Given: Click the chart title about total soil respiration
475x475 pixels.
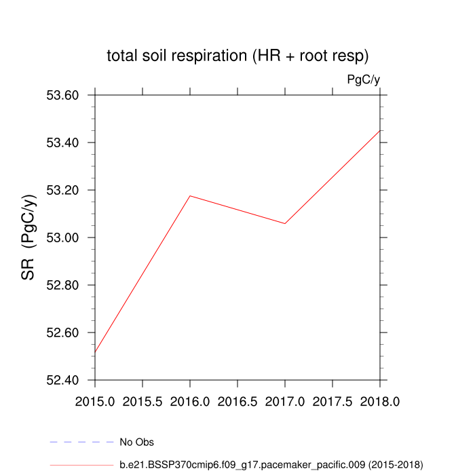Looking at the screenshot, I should click(237, 56).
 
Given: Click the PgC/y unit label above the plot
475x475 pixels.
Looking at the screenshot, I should click(363, 79).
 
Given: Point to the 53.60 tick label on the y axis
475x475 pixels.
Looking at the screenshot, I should click(62, 95).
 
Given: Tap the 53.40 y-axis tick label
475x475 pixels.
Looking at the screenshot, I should click(62, 142).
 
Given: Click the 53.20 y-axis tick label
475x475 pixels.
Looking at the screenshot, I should click(62, 190).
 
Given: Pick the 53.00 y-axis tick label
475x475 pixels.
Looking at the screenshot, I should click(62, 237).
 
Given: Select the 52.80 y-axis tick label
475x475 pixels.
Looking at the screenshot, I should click(62, 285).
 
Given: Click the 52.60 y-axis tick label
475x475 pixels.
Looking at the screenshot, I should click(62, 332).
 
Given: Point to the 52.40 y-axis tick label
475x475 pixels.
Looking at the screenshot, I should click(62, 380).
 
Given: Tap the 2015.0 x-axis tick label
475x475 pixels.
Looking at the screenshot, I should click(95, 402).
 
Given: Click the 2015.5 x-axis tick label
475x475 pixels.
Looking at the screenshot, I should click(142, 402).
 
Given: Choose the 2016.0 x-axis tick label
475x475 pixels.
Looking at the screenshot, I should click(190, 402).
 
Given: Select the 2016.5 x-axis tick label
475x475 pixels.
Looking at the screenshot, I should click(237, 402).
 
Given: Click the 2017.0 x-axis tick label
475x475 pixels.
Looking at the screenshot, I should click(285, 402).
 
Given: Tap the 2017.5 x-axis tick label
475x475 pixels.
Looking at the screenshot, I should click(332, 402).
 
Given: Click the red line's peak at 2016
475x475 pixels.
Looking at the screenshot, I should click(190, 195).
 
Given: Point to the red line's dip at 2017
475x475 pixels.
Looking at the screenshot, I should click(285, 223).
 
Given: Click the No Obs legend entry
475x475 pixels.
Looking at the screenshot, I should click(136, 442).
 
